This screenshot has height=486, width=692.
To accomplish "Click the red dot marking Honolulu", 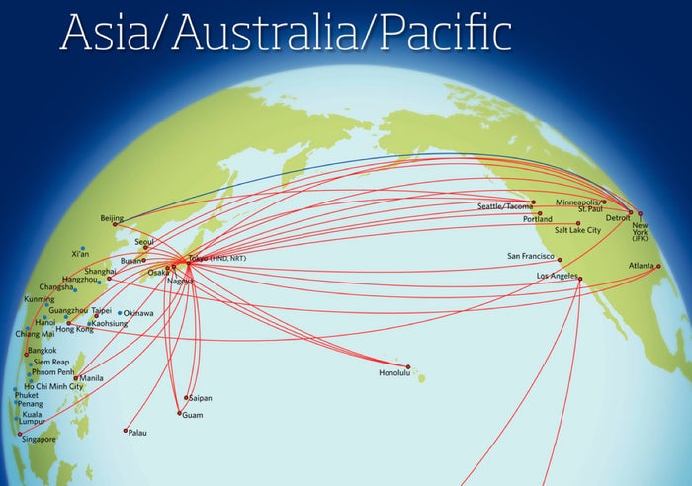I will pos(408,366).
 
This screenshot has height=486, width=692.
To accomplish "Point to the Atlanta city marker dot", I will pos(658,266).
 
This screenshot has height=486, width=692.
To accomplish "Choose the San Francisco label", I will pos(533,255).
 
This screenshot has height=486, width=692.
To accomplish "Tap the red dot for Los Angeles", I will pos(580,279).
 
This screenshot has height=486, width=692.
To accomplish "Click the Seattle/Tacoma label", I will pos(504,206).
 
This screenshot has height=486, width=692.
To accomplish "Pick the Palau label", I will pos(137,433).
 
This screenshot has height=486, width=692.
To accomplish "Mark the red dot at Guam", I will pos(179,413).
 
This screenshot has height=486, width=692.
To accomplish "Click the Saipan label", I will pos(200,398).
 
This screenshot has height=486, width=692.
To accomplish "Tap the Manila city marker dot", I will pos(75,378).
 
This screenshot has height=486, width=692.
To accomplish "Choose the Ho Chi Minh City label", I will pos(53,385).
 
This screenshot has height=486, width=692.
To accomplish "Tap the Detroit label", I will pos(618,216).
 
